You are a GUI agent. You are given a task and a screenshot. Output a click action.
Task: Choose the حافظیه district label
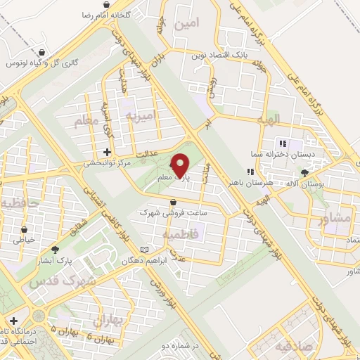(15, 205)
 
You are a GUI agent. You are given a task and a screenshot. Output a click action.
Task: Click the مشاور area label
(335, 218)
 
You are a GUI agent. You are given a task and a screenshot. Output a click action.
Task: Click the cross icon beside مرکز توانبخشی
(107, 152)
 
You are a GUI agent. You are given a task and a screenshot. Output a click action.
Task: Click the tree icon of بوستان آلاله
(304, 172)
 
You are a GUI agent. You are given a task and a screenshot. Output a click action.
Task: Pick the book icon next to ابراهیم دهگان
(145, 250)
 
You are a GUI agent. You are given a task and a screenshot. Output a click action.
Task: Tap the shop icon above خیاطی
(25, 229)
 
